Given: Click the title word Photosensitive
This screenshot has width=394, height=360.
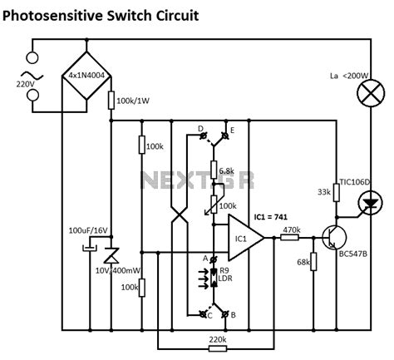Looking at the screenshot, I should [61, 15].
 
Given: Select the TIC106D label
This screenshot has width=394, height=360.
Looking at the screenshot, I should [353, 182].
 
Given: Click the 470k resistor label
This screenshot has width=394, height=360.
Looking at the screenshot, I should [292, 229].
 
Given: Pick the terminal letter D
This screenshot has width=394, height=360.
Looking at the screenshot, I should [200, 130].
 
